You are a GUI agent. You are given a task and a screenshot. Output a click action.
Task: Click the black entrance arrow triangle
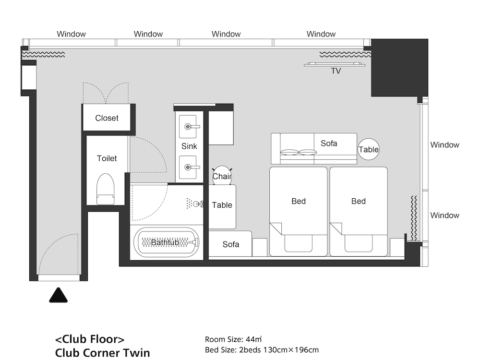pos(58,295)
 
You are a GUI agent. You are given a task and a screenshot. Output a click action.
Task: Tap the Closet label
pos(107,118)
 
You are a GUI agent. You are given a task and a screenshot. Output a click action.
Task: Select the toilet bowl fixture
pos(105,189)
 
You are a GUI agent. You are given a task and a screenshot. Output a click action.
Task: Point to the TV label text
pos(336,71)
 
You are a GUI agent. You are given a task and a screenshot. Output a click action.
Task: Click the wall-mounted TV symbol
pos(335,64)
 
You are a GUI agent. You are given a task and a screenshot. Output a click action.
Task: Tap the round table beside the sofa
pos(369,149)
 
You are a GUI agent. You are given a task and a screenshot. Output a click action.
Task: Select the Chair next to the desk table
pos(222,176)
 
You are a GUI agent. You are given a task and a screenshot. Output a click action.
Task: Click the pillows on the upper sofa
pos(299,152)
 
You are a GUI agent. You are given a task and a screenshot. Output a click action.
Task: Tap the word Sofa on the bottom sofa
pos(231,244)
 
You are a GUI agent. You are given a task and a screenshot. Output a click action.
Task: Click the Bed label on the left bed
pos(299,201)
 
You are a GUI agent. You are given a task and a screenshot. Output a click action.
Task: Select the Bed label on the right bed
pos(359,201)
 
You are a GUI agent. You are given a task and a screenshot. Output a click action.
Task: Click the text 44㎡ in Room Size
pos(254,339)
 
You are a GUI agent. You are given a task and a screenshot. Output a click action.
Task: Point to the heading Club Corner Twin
pos(103,353)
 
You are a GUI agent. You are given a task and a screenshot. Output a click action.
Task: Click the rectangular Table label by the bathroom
pos(222,205)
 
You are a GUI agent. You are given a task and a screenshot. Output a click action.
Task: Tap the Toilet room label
pos(107,158)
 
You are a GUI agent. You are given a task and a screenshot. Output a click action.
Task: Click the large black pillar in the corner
pos(399,68)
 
